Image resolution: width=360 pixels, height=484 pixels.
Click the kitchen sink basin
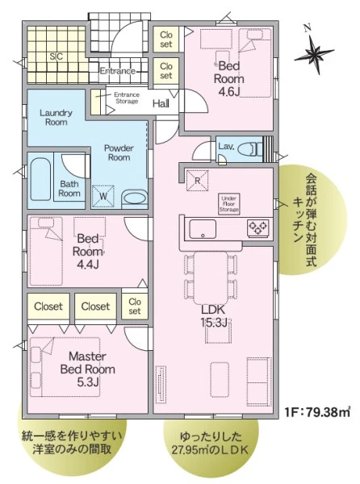[x=203, y=229]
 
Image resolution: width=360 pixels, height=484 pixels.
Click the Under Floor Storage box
[x=228, y=204]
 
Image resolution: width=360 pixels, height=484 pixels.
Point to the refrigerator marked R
[x=197, y=181]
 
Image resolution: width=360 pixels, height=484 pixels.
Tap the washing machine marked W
[x=103, y=196]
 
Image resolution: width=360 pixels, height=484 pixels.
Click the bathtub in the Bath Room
[x=40, y=179]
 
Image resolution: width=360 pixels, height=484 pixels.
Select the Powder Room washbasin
[x=134, y=198]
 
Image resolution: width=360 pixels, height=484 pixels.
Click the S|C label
[x=57, y=56]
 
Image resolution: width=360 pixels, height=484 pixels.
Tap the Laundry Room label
[x=56, y=117]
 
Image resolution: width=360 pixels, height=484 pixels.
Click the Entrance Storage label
[x=127, y=98]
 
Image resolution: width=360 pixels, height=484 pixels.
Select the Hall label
[x=161, y=103]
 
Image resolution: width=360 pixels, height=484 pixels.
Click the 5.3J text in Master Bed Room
[x=88, y=382]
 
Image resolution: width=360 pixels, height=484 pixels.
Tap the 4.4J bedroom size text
[x=88, y=265]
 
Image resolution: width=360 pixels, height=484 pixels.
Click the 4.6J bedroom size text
[x=228, y=91]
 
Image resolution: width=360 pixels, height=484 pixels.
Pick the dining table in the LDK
[x=211, y=277]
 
